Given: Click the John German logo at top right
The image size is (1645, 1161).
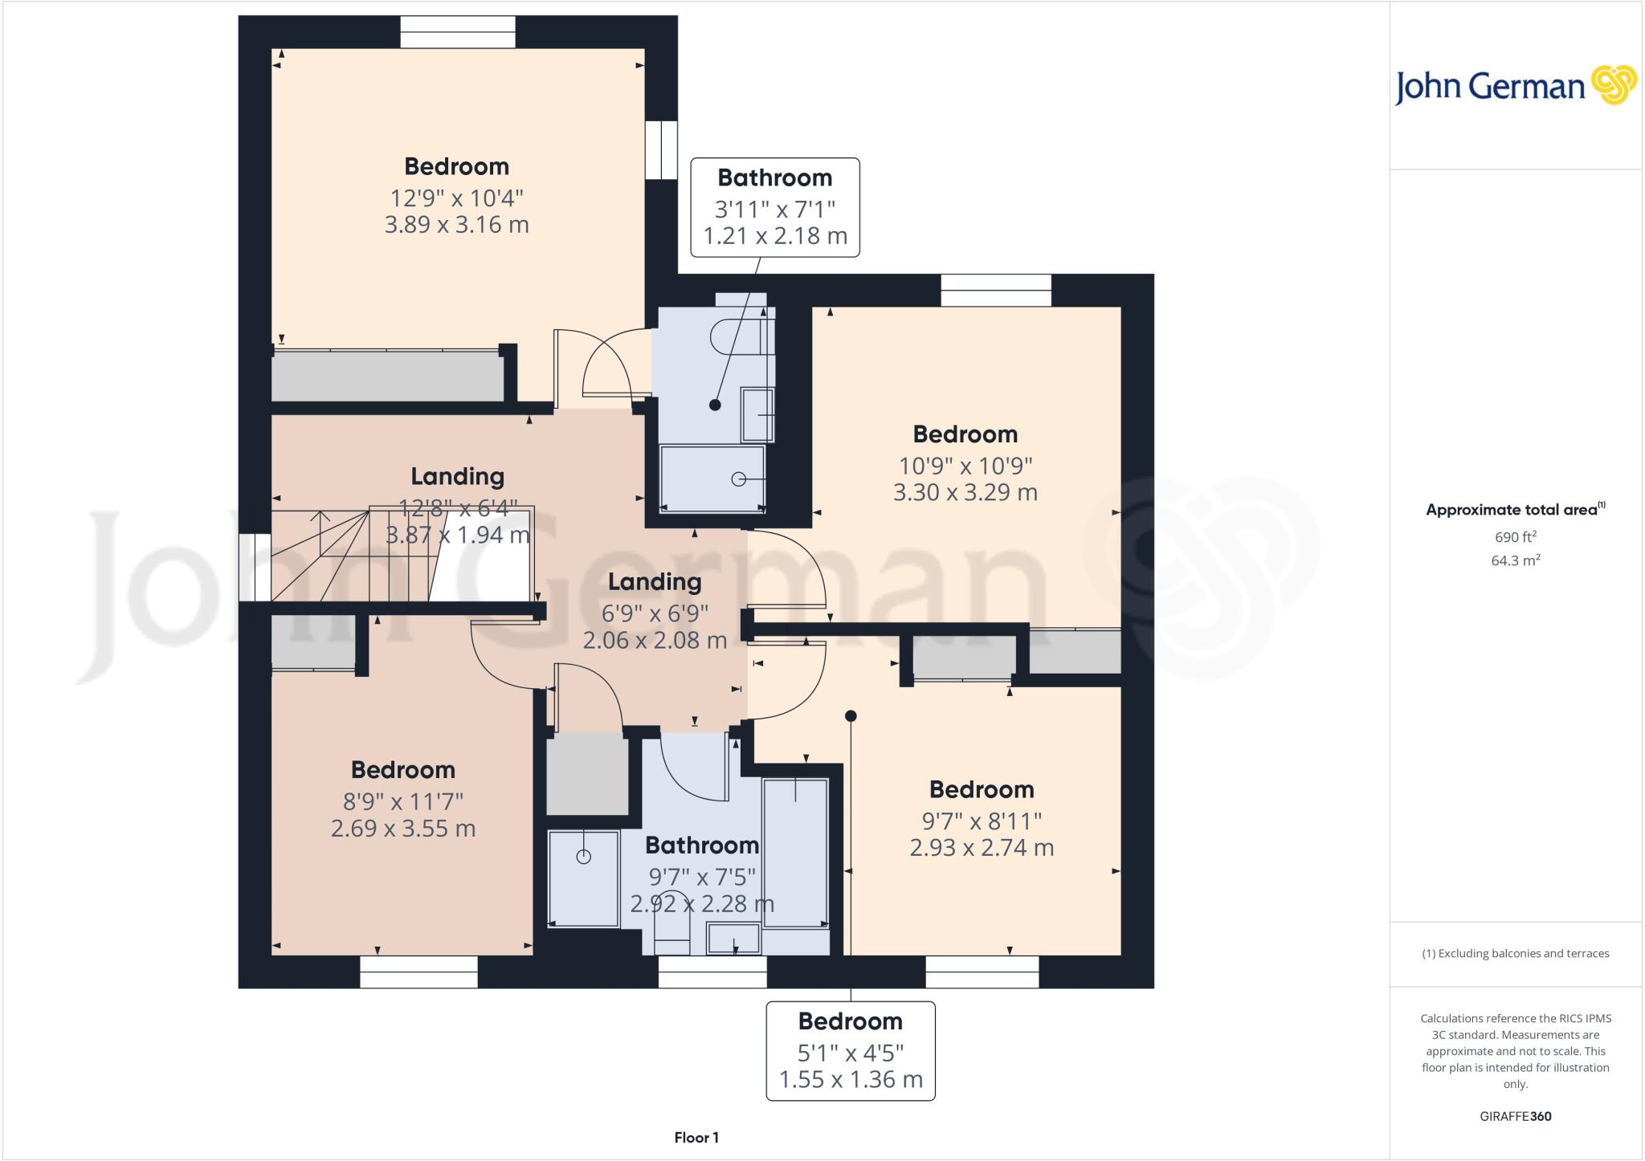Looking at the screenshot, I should pyautogui.click(x=1515, y=86).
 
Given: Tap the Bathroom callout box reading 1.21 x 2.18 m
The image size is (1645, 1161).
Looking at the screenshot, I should pyautogui.click(x=775, y=207).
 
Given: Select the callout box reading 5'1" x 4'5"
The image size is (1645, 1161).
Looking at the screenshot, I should pyautogui.click(x=851, y=1050).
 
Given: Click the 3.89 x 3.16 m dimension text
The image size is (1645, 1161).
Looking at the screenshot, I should pyautogui.click(x=456, y=225).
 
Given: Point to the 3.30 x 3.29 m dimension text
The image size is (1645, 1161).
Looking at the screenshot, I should pyautogui.click(x=965, y=492).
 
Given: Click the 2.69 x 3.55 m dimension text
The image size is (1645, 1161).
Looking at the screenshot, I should pyautogui.click(x=403, y=829).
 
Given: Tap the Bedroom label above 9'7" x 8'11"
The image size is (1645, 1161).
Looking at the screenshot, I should pyautogui.click(x=982, y=789).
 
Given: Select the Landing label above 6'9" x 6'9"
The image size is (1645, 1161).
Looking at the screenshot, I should pyautogui.click(x=655, y=581).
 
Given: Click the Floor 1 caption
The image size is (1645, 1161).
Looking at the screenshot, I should pyautogui.click(x=696, y=1138).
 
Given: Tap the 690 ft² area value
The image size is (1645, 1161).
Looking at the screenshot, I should pyautogui.click(x=1515, y=537).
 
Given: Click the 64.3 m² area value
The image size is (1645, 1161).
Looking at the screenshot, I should pyautogui.click(x=1515, y=560).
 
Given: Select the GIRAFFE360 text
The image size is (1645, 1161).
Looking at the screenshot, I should pyautogui.click(x=1515, y=1116).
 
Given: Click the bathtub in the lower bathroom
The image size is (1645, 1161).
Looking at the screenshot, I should pyautogui.click(x=795, y=851).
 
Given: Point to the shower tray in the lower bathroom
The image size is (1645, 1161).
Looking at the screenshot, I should pyautogui.click(x=584, y=878).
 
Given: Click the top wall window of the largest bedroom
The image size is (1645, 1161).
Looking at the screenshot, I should pyautogui.click(x=458, y=32).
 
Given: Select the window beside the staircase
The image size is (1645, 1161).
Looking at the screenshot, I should pyautogui.click(x=255, y=567).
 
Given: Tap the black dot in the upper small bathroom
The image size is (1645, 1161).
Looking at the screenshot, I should pyautogui.click(x=715, y=405).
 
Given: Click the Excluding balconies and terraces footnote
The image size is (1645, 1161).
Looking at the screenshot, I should pyautogui.click(x=1515, y=954).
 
